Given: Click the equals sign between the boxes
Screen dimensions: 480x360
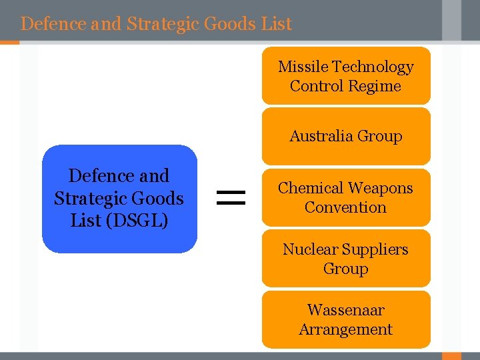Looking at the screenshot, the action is (x=231, y=196).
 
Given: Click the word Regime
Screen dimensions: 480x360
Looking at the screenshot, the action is (x=379, y=86).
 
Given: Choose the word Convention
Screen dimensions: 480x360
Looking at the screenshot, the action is (x=345, y=207).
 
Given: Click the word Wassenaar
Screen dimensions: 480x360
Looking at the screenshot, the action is (x=345, y=310).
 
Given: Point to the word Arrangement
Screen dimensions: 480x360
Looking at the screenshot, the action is (x=345, y=329).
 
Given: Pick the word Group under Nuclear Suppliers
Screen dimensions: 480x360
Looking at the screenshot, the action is (x=345, y=269).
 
